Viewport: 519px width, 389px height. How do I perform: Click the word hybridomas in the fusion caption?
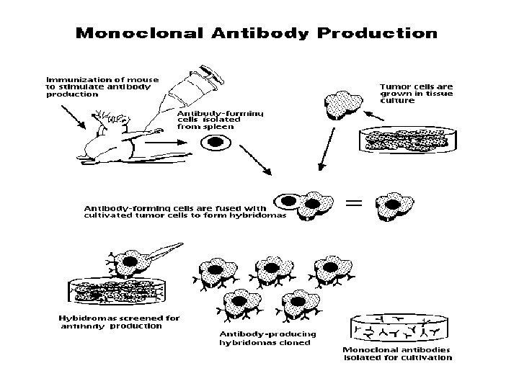(258, 215)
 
